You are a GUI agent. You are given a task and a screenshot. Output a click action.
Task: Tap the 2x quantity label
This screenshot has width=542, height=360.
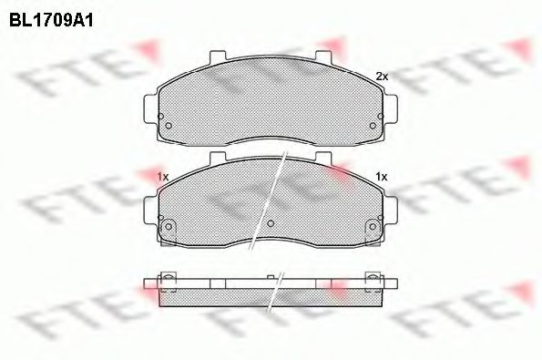(383, 77)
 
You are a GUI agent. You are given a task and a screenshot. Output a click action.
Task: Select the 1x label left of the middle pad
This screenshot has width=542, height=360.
(163, 175)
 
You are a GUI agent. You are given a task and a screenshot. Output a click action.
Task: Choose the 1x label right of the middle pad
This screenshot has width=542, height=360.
(382, 175)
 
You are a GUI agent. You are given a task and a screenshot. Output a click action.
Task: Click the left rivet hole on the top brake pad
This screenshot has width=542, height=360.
(167, 126)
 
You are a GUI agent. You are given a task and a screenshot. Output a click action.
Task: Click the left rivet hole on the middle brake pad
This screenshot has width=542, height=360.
(167, 227)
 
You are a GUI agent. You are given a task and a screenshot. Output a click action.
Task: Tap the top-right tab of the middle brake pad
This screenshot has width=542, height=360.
(325, 159)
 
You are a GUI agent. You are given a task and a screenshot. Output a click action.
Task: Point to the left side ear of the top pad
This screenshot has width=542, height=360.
(150, 107)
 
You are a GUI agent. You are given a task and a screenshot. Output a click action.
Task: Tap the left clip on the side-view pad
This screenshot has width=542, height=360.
(167, 279)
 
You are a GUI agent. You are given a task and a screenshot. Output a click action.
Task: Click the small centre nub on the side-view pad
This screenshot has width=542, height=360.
(271, 276)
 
